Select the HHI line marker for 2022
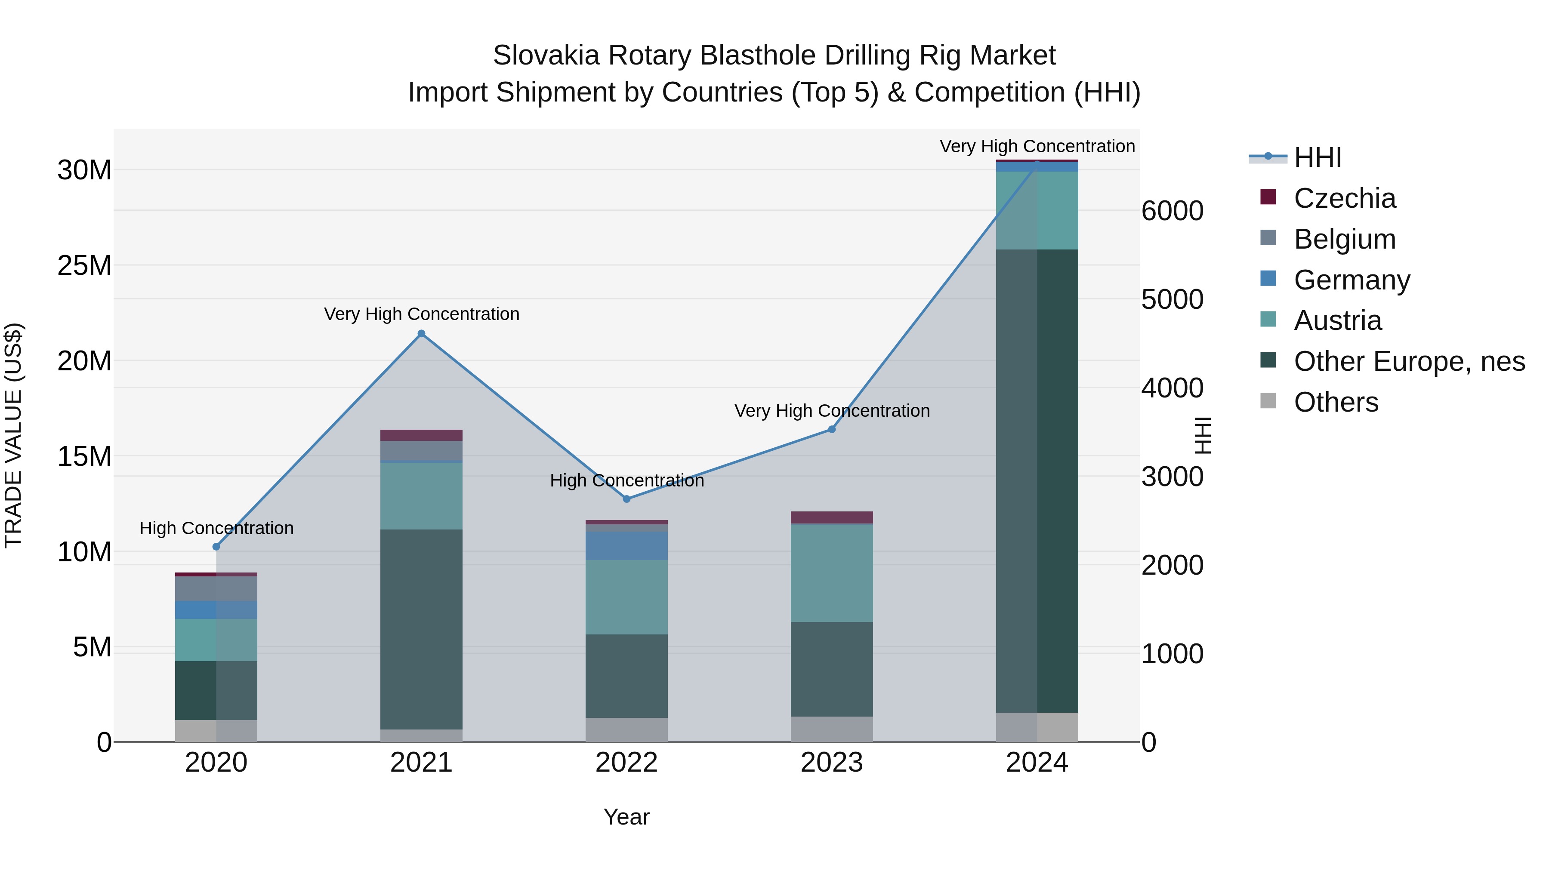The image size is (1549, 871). click(626, 499)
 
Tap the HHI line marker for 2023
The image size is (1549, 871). click(832, 429)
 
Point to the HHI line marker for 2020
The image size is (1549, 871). click(216, 546)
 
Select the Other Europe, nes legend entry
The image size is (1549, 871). click(1408, 361)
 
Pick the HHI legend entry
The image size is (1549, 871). click(1317, 157)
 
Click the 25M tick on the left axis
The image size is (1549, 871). click(84, 265)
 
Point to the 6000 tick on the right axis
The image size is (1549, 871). click(1172, 211)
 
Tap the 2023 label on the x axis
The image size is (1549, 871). click(832, 762)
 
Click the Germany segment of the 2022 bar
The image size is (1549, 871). click(626, 546)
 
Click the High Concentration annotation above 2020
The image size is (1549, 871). click(216, 528)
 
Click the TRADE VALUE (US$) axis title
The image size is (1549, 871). click(13, 435)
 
